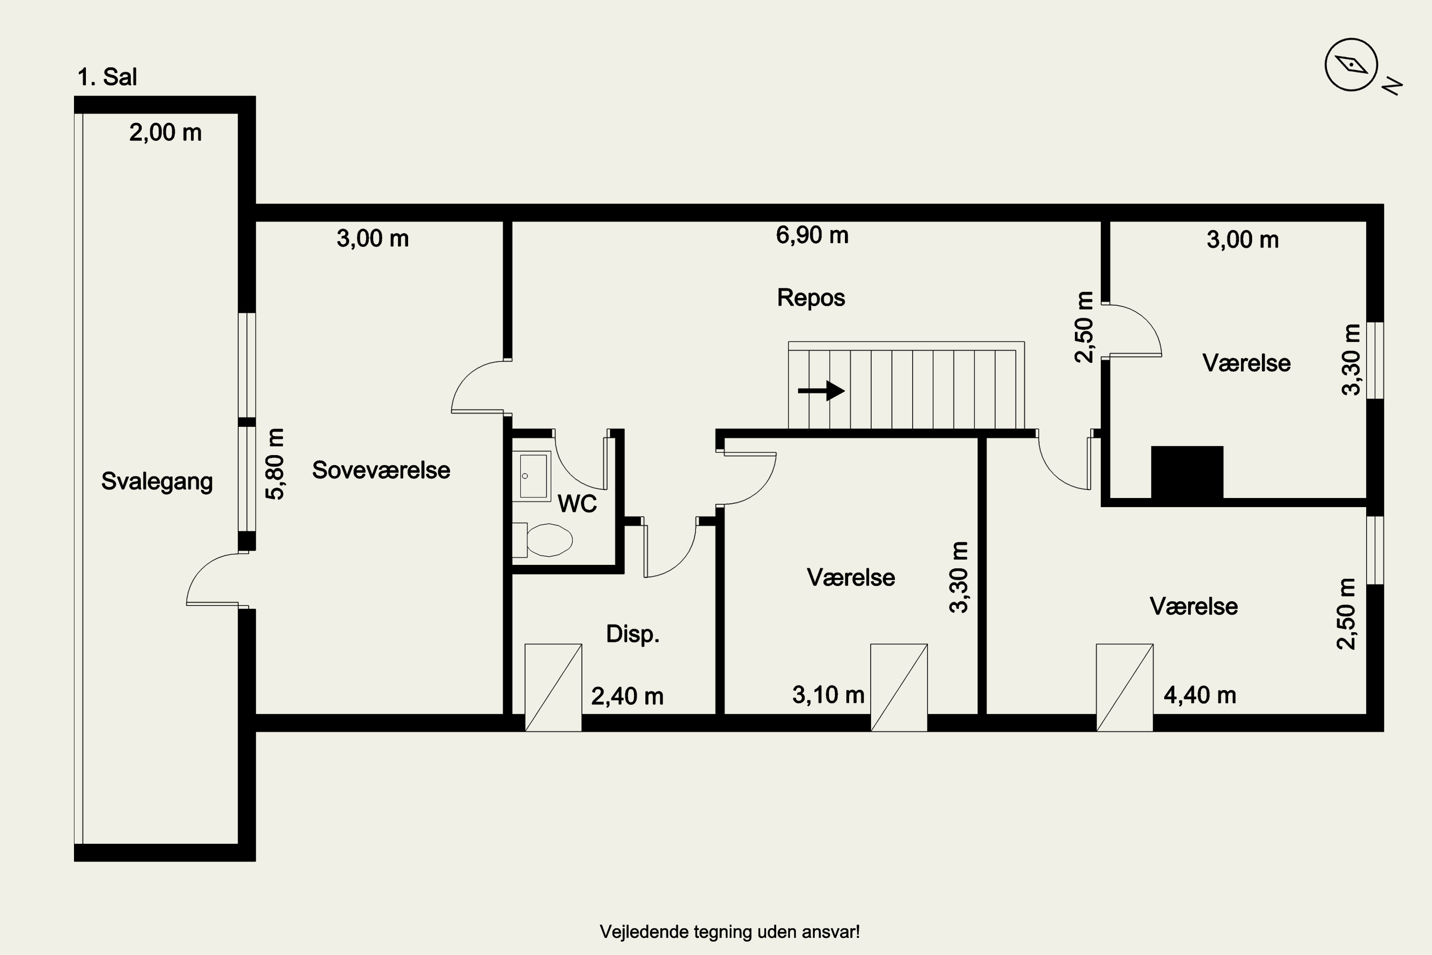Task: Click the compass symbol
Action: pos(1351,64)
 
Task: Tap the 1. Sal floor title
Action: pos(107,77)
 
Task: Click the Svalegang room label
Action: pos(157,482)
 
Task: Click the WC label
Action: pos(577,504)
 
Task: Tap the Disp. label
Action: pos(632,634)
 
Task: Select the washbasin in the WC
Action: pos(532,476)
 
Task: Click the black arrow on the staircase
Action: pos(821,391)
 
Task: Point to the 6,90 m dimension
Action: pos(812,235)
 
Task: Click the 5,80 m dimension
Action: pos(276,464)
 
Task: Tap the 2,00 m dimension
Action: pos(166,132)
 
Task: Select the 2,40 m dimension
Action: pos(627,696)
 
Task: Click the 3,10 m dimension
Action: pos(828,695)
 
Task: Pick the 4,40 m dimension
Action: pos(1200,695)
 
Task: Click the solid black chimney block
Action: pos(1187,473)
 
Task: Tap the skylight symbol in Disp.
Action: pos(553,687)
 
